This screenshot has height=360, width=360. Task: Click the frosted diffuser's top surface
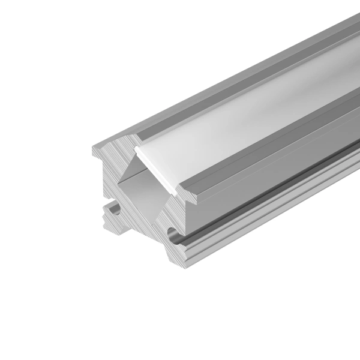pos(240,120)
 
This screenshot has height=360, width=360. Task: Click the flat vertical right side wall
pos(270,174)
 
